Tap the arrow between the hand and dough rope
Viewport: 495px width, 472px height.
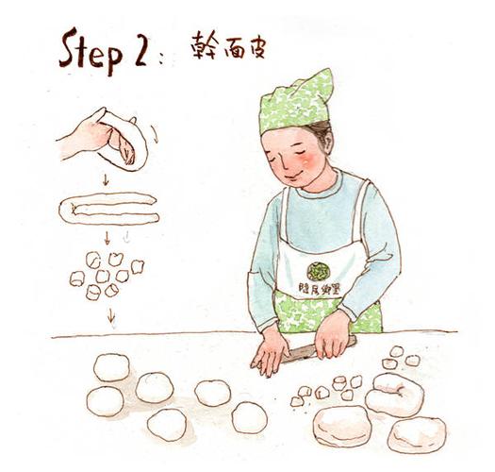click(x=105, y=179)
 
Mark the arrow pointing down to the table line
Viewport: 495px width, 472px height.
click(x=111, y=317)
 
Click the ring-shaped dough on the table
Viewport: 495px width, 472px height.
click(x=395, y=395)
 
